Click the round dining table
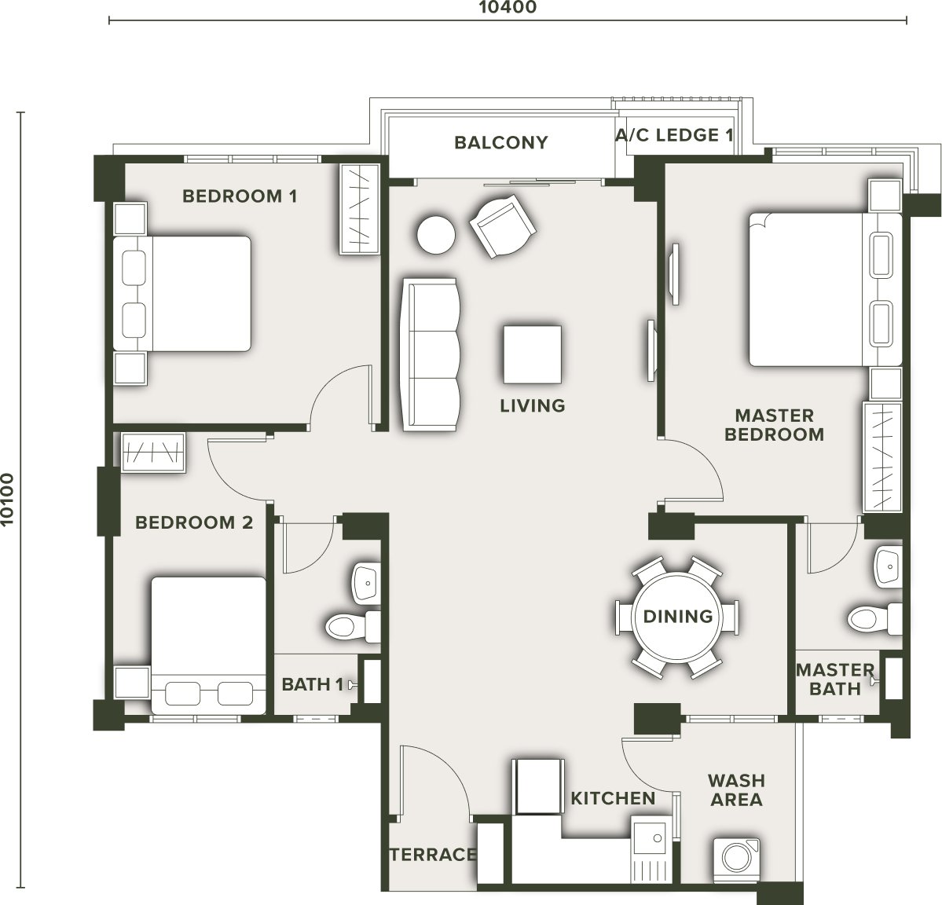click(x=678, y=617)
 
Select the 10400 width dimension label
click(x=508, y=7)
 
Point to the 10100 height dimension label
click(x=7, y=499)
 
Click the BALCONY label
click(x=501, y=142)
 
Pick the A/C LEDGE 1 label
click(x=674, y=135)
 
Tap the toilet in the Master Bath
click(x=875, y=618)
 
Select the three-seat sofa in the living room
click(x=431, y=354)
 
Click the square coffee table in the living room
click(x=532, y=354)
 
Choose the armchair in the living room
click(x=503, y=226)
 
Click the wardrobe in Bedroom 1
click(x=359, y=208)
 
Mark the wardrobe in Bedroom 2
click(x=152, y=452)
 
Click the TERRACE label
click(x=433, y=854)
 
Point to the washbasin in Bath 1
click(x=366, y=582)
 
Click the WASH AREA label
click(x=736, y=790)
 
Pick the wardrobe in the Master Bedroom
click(x=882, y=456)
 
